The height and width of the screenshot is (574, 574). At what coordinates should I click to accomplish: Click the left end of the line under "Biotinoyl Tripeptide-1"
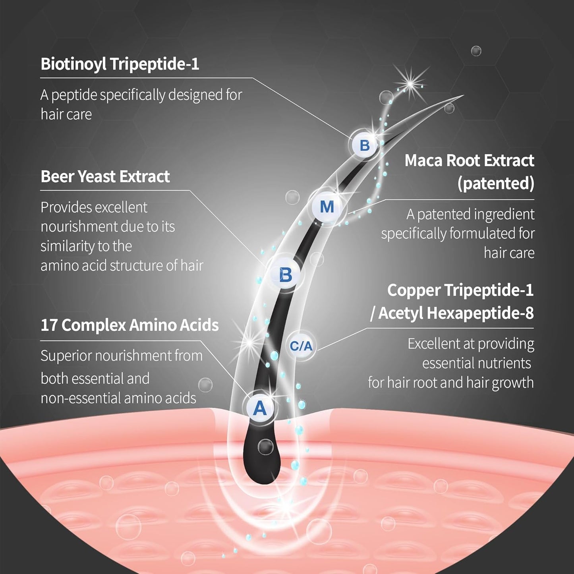(40, 78)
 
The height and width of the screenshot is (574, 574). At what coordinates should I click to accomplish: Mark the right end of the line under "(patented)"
(534, 199)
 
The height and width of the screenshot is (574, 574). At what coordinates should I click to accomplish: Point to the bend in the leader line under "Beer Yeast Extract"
(189, 190)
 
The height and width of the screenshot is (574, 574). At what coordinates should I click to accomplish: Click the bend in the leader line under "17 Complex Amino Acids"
(200, 341)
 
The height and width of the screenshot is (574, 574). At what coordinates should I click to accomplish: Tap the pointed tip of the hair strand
(464, 95)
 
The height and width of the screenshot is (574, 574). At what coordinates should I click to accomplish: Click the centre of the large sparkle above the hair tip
(410, 84)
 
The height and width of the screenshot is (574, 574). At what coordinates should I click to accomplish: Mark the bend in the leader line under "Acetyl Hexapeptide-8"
(366, 329)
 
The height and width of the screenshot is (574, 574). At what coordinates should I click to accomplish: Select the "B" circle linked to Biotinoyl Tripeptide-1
(365, 145)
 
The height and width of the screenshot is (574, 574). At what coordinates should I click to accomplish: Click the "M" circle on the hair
(327, 207)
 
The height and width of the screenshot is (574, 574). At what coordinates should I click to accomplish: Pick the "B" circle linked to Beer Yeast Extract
(286, 274)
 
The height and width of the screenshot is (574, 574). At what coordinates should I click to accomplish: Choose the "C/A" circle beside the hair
(301, 346)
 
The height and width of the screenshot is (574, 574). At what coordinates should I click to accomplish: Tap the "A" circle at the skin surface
(260, 408)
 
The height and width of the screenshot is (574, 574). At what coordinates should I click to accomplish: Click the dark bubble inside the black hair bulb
(265, 447)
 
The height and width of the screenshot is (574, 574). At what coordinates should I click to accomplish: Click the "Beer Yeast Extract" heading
(105, 176)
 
